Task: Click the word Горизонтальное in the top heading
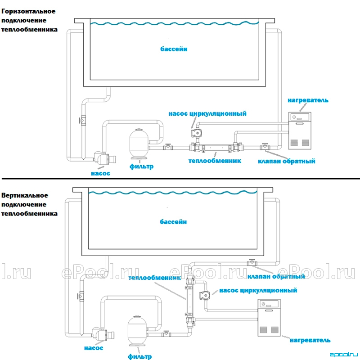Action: click(28, 12)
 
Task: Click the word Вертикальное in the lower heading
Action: click(25, 195)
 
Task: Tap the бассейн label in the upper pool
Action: click(174, 49)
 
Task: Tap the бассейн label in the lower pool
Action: click(173, 222)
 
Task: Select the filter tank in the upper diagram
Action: click(139, 144)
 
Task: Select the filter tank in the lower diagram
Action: click(137, 331)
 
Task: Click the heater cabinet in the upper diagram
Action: click(300, 130)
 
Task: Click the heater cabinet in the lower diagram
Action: click(269, 318)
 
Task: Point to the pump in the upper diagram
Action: click(105, 158)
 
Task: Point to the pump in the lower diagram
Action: click(103, 334)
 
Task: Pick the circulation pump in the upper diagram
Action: click(197, 133)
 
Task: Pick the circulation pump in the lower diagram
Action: click(204, 295)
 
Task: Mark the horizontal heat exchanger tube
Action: click(216, 148)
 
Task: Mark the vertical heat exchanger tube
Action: click(190, 301)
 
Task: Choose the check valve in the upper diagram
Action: click(265, 147)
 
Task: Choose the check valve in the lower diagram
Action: click(252, 263)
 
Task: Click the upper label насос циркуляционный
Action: click(207, 114)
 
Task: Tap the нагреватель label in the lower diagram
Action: click(310, 340)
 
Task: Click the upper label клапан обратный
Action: click(287, 161)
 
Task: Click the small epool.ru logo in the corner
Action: click(343, 355)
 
